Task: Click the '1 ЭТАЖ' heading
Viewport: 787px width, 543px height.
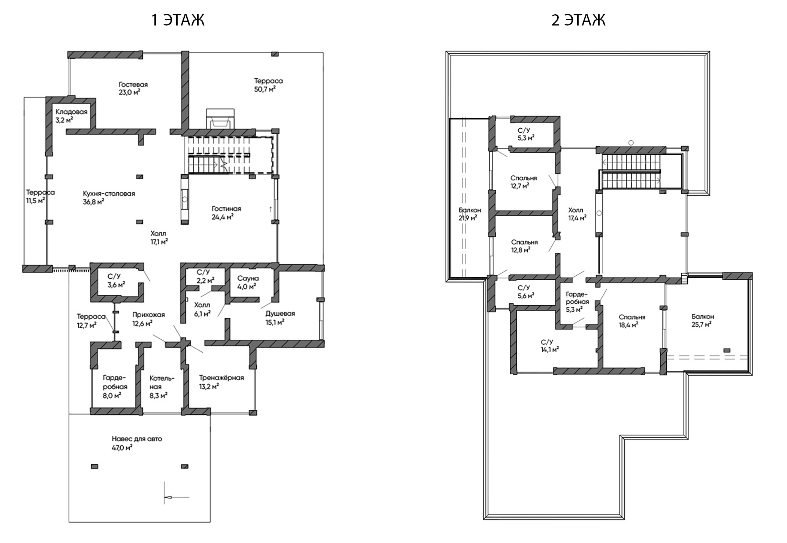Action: tap(178, 20)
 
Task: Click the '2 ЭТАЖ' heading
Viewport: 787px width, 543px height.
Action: tap(578, 20)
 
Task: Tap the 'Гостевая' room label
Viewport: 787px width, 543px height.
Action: tap(133, 84)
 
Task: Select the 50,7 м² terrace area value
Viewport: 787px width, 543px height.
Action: tap(265, 89)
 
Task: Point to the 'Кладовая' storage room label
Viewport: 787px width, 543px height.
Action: tap(72, 112)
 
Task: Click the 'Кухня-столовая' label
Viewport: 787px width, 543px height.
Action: tap(109, 193)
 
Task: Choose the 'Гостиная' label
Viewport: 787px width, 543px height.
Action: tap(226, 208)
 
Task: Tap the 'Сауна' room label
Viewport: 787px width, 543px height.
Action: tap(248, 278)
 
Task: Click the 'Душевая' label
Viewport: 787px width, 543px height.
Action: tap(280, 313)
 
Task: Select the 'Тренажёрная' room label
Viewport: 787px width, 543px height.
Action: tap(221, 378)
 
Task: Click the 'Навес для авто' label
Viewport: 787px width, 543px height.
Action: tap(137, 439)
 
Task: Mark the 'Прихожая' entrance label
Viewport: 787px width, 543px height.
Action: tap(148, 315)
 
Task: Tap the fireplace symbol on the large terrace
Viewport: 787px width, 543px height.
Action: tap(221, 119)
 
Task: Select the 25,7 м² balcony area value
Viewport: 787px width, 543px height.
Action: tap(702, 325)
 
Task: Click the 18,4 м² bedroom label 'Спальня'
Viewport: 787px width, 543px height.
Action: tap(632, 317)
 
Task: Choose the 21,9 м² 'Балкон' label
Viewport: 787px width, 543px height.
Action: tap(470, 210)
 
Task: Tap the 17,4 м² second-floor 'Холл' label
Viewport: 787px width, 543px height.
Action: tap(576, 210)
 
